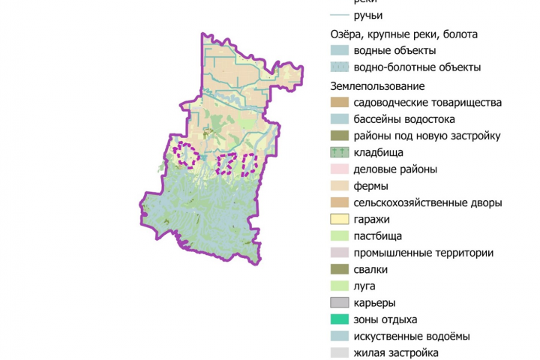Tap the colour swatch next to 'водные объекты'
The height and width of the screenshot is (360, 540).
click(x=340, y=51)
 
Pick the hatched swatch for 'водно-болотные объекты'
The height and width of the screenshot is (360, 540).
click(x=340, y=67)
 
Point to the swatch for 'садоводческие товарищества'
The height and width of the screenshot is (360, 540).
click(x=340, y=103)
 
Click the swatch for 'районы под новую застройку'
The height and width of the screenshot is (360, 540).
click(x=340, y=136)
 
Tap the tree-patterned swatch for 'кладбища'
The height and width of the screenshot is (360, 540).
click(x=340, y=153)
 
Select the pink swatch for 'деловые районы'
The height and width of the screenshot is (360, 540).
click(x=340, y=169)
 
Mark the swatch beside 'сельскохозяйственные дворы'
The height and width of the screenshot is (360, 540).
click(x=340, y=202)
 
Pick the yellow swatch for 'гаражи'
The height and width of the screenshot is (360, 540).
click(x=340, y=220)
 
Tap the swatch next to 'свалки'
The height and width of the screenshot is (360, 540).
click(x=340, y=269)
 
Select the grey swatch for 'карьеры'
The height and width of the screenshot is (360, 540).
click(x=340, y=303)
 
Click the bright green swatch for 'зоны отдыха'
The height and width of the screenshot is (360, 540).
click(x=340, y=319)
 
